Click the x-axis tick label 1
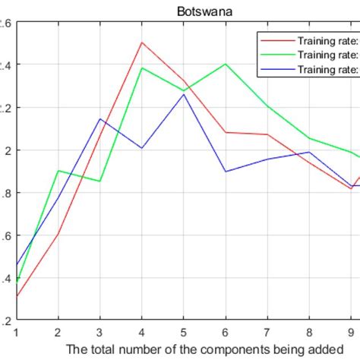click(x=15, y=332)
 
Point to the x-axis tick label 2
click(x=57, y=332)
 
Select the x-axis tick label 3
click(x=99, y=332)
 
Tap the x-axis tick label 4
click(x=141, y=332)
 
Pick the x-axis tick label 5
click(x=184, y=332)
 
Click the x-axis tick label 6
click(x=226, y=332)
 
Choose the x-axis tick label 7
click(x=268, y=332)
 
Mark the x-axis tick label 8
click(x=310, y=332)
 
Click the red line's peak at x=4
click(x=141, y=42)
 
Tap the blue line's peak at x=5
click(x=184, y=94)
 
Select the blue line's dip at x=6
click(x=226, y=172)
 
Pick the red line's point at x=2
click(x=58, y=234)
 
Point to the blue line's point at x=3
click(x=99, y=118)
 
